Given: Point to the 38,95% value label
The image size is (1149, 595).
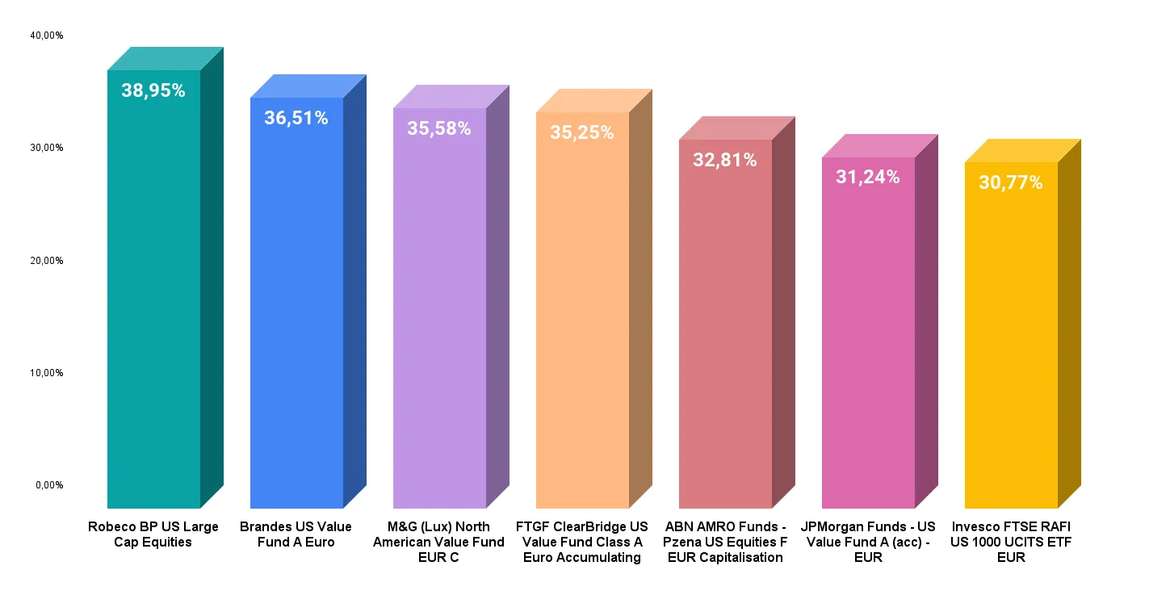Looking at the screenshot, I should click(x=153, y=90).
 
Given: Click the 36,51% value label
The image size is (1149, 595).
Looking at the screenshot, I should click(x=296, y=118).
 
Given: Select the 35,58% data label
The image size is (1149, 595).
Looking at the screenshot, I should click(x=439, y=128).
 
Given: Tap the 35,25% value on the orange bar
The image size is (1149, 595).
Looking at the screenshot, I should click(x=582, y=132).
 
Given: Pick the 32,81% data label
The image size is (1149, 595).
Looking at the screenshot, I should click(x=725, y=160).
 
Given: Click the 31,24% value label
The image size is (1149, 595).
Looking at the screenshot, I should click(x=868, y=177).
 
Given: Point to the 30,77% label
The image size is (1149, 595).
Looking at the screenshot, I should click(x=1011, y=182).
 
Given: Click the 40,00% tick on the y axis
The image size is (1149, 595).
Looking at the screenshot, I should click(x=47, y=36).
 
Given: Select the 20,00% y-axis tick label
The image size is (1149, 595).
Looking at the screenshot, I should click(x=47, y=260).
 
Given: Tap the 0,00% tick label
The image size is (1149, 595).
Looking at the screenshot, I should click(x=49, y=484).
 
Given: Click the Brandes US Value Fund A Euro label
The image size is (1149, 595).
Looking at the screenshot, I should click(x=296, y=534).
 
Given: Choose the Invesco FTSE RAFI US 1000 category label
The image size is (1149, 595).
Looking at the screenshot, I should click(x=1011, y=542).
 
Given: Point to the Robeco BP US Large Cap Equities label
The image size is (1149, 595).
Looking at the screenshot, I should click(x=153, y=534).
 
